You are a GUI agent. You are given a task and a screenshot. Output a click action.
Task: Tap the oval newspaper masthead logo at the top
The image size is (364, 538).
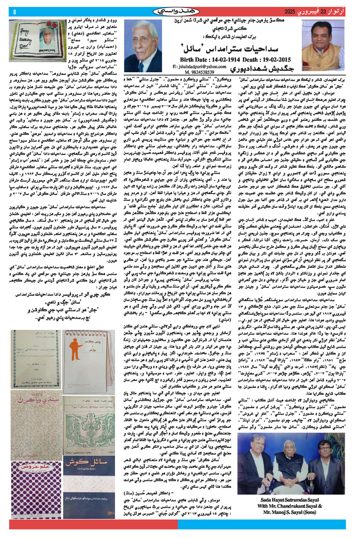182,10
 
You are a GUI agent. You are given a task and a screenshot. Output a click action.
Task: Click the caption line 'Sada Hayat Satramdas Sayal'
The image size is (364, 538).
311,507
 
